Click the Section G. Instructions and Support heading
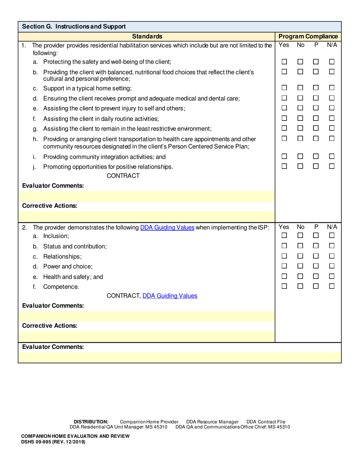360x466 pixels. click(x=74, y=27)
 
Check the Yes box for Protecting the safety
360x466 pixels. click(x=284, y=62)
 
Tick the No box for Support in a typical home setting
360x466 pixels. click(x=300, y=88)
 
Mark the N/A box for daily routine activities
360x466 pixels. click(x=332, y=118)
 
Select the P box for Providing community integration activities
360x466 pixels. click(x=316, y=156)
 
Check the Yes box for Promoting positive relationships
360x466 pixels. click(x=284, y=166)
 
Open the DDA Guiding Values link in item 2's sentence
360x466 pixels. click(x=167, y=227)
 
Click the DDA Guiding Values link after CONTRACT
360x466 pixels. click(x=170, y=296)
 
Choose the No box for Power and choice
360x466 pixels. click(x=300, y=266)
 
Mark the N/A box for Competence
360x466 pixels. click(x=332, y=286)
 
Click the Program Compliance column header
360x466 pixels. click(x=308, y=36)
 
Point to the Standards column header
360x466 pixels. click(x=147, y=36)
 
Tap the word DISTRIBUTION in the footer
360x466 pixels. click(x=91, y=422)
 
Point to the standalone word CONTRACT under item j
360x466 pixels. click(x=123, y=176)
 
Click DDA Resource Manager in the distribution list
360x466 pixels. click(x=212, y=422)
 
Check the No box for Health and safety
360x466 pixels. click(x=300, y=276)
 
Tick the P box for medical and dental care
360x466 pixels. click(x=316, y=98)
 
